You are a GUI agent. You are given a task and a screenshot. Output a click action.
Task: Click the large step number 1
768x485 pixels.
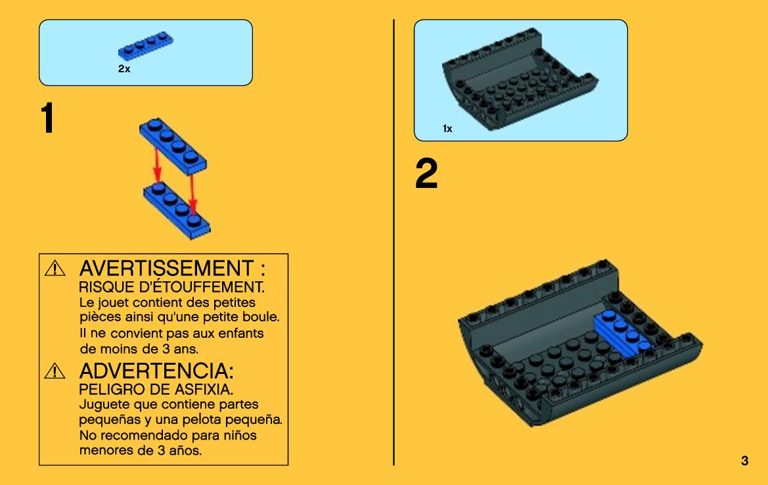(x=47, y=118)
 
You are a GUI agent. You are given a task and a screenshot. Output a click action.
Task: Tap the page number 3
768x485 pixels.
(x=744, y=461)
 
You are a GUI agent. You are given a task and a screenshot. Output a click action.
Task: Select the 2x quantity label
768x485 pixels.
(x=124, y=68)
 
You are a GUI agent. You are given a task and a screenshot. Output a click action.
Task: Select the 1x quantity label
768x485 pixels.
(x=447, y=128)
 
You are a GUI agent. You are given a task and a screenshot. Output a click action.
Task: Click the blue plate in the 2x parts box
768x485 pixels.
(x=145, y=45)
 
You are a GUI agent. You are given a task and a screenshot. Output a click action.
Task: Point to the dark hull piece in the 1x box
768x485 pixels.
(x=519, y=78)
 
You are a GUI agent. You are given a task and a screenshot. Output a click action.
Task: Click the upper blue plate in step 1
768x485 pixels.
(x=173, y=145)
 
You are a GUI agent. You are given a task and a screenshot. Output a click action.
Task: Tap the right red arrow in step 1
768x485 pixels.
(x=192, y=195)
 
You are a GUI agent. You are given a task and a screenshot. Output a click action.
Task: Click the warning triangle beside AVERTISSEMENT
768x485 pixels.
(x=55, y=269)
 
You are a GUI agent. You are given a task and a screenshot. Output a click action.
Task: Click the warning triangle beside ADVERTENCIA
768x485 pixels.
(x=55, y=371)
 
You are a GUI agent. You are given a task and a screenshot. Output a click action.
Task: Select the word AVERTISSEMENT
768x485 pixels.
(x=166, y=269)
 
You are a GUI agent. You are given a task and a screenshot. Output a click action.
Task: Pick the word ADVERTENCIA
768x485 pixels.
(x=153, y=371)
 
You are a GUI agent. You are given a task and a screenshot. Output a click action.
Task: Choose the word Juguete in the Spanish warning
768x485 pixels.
(x=103, y=405)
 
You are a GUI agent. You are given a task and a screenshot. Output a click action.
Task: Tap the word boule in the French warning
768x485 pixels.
(x=261, y=317)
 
